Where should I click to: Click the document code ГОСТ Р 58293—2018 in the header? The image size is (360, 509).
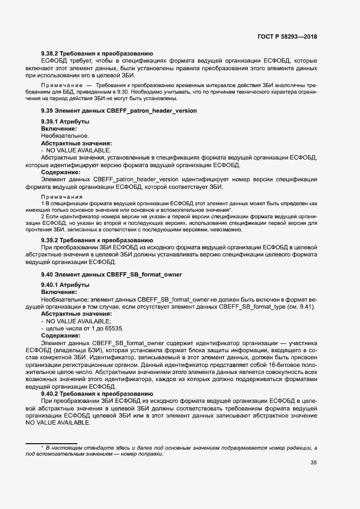(287, 36)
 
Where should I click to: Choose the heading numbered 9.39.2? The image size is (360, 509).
(96, 240)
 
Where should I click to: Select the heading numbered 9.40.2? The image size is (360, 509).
(96, 393)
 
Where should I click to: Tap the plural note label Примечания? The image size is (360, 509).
(62, 197)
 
